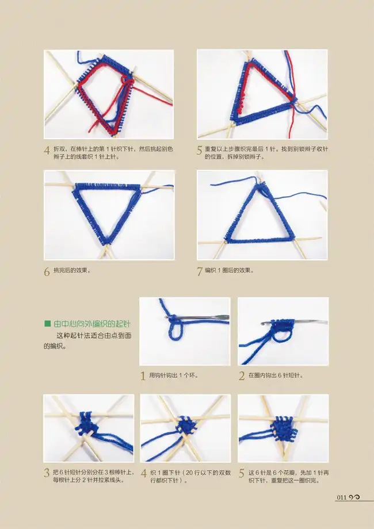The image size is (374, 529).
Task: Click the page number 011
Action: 342,497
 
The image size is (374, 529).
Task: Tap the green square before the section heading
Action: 47,324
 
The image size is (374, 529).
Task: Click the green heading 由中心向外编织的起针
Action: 92,324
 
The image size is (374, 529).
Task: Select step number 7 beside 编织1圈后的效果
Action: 200,271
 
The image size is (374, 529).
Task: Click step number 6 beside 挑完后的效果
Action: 47,271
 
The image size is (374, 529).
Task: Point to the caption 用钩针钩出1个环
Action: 174,375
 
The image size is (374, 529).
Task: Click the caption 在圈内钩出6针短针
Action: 276,375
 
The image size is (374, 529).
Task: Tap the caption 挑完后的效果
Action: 72,270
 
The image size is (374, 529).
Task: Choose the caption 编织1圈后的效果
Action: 229,270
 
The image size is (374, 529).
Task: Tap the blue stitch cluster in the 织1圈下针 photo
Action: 185,425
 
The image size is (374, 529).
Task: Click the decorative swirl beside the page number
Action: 354,497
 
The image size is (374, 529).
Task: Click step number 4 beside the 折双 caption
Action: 47,151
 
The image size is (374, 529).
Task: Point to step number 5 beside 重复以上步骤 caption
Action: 200,151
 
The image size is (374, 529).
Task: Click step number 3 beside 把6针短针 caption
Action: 47,473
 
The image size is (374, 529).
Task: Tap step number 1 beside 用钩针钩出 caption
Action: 143,376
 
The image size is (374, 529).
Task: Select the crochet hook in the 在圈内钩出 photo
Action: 293,322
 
